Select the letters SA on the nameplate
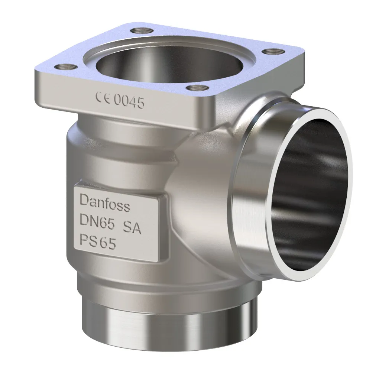[x=132, y=228]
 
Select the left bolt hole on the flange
[x=66, y=67]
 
